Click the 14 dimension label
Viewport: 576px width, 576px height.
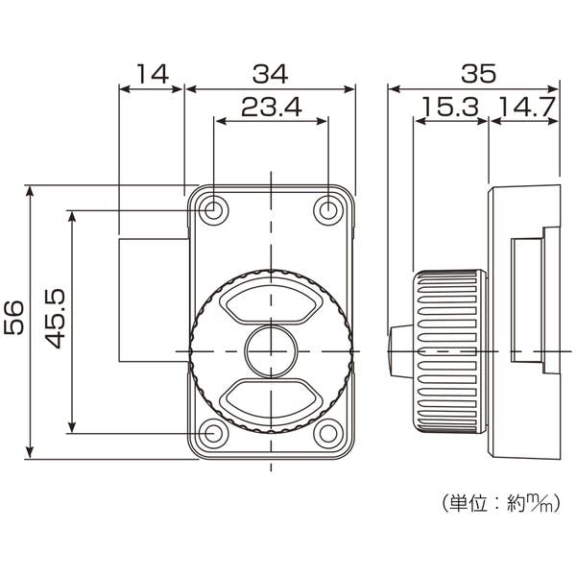coord(153,74)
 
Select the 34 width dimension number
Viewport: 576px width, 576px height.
coord(271,74)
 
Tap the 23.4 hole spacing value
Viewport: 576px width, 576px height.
coord(272,107)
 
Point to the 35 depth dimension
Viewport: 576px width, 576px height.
coord(479,74)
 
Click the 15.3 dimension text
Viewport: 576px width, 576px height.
coord(450,107)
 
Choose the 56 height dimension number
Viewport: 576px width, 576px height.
coord(14,318)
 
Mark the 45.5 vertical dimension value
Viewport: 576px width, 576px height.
coord(55,319)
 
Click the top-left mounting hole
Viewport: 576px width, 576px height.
coord(213,210)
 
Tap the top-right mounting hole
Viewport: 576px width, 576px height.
coord(328,210)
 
